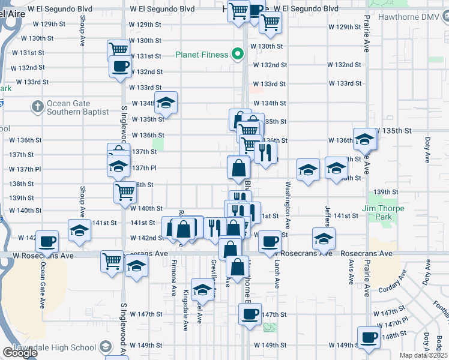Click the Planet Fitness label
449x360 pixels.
tap(201, 55)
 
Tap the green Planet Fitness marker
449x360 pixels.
tap(238, 55)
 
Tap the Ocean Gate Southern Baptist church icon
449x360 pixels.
tap(37, 107)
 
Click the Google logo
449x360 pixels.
tap(20, 353)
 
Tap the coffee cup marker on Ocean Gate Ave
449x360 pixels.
tap(47, 241)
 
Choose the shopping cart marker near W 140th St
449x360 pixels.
tap(125, 192)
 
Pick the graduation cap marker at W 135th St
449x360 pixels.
tap(364, 139)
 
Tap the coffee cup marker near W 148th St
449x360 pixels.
tap(369, 337)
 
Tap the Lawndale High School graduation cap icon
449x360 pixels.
tap(106, 347)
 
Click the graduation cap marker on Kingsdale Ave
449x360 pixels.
tap(203, 289)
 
